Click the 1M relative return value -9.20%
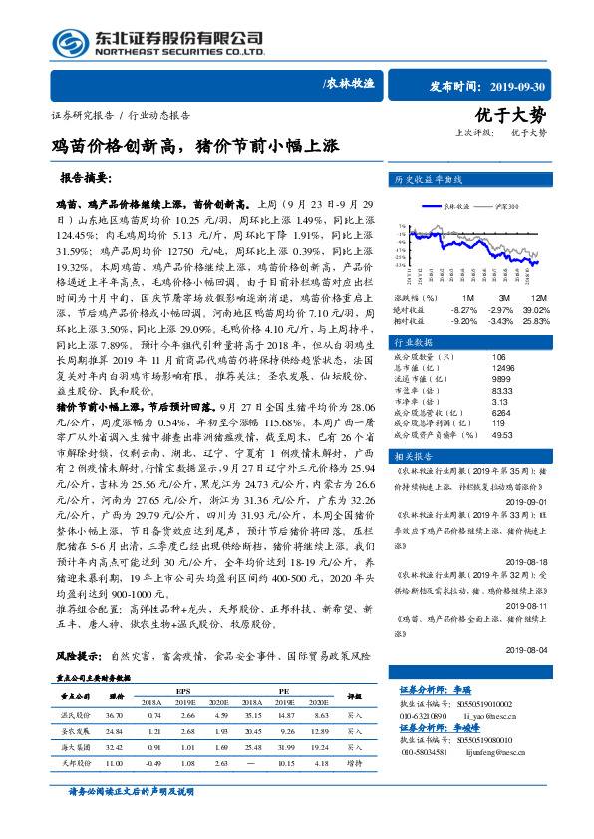pos(464,321)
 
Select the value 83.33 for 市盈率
pos(502,391)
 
